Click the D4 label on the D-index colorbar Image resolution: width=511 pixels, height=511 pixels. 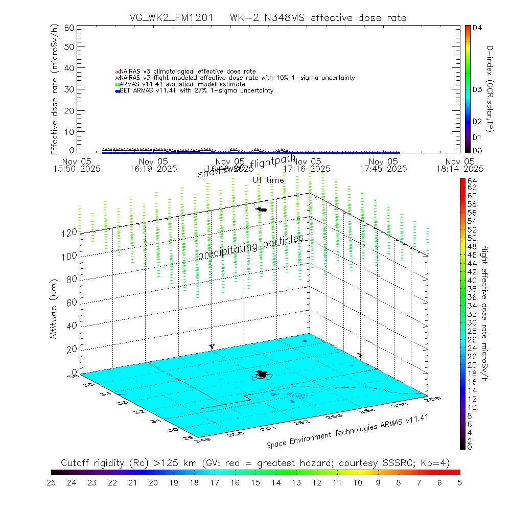tap(477, 28)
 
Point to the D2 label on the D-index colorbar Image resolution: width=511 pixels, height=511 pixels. tap(477, 122)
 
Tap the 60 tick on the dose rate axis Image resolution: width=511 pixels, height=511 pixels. tap(69, 28)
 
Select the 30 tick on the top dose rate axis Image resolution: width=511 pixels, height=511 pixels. tap(69, 89)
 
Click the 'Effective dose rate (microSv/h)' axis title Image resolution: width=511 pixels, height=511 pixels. tap(54, 89)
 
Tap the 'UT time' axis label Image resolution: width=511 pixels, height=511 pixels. tap(268, 180)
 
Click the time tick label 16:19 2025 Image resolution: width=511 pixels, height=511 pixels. tap(153, 168)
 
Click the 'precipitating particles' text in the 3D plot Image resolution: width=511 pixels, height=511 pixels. tap(251, 247)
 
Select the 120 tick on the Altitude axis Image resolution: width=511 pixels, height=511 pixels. tap(70, 232)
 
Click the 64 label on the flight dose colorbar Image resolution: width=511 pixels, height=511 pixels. tap(472, 181)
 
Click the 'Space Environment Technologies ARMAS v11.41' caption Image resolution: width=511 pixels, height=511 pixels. tap(346, 430)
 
